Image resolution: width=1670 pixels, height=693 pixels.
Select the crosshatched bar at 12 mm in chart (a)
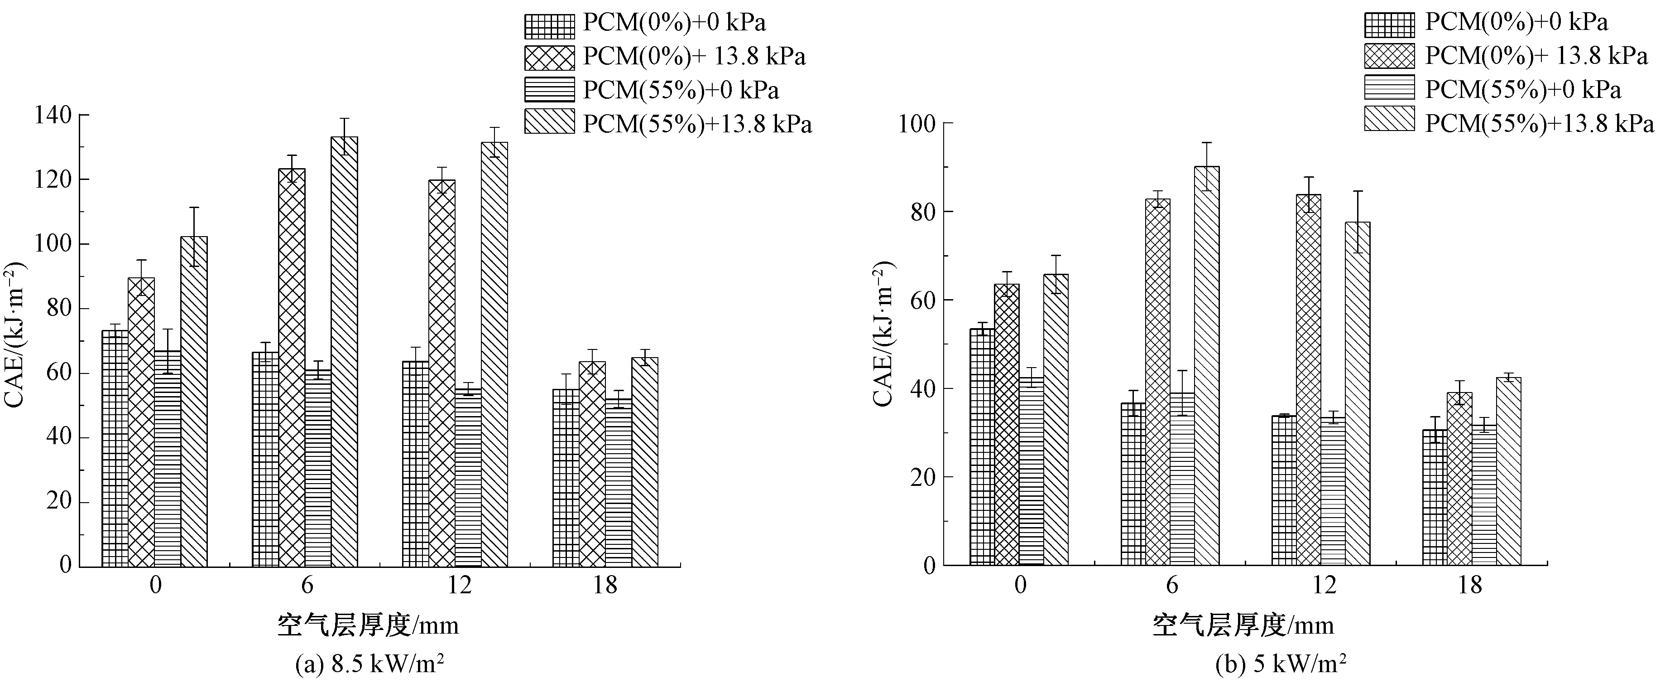point(441,373)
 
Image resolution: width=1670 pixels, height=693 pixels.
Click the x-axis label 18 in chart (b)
point(1470,586)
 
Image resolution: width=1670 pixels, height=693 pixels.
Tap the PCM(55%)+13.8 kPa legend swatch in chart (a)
point(549,123)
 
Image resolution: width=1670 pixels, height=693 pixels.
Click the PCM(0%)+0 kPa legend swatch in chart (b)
point(1389,24)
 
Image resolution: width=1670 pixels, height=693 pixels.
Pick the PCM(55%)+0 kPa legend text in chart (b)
point(1523,90)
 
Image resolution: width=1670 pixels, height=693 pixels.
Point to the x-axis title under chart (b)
point(1243,625)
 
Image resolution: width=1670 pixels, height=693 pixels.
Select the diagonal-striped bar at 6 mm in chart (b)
point(1206,365)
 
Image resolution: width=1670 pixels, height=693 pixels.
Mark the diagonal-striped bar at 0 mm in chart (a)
point(194,401)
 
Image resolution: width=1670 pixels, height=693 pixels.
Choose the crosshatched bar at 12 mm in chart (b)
point(1308,380)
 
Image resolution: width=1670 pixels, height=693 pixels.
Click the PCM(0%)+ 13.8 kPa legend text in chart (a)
point(694,57)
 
